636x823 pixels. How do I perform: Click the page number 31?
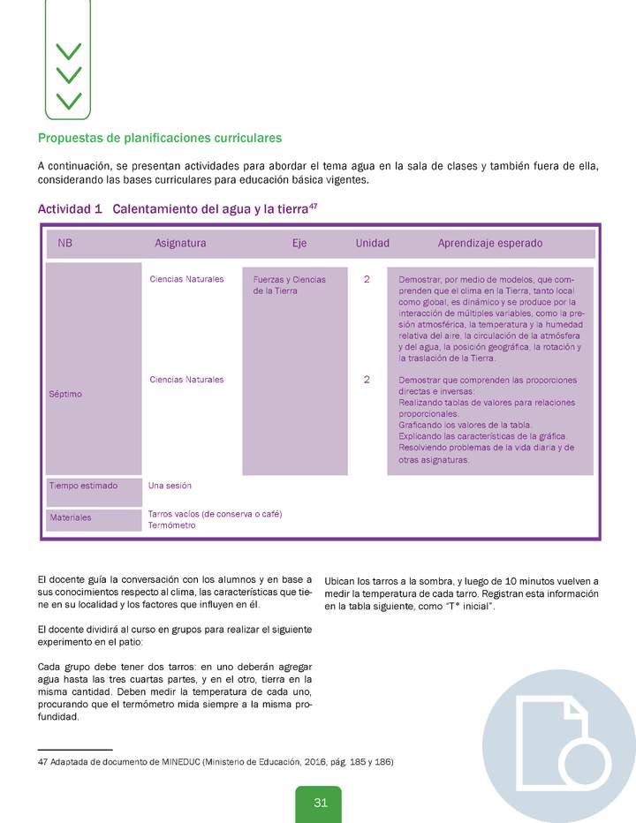tap(320, 803)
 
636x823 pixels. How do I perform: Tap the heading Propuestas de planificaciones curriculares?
tap(160, 139)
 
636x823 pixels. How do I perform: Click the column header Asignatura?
tap(180, 243)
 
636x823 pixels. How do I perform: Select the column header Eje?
tap(299, 243)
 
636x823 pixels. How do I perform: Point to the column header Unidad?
tap(372, 243)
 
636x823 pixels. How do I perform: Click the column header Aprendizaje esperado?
tap(490, 243)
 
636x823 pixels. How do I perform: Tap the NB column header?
tap(65, 243)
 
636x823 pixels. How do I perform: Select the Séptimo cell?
tap(65, 394)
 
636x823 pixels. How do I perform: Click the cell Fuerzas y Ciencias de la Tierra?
tap(289, 284)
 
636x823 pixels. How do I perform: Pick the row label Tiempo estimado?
tap(84, 486)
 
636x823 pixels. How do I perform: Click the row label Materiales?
tap(70, 517)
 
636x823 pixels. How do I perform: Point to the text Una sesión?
tap(170, 486)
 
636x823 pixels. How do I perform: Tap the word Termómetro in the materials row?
tap(171, 525)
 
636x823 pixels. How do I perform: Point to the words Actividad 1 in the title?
tap(70, 209)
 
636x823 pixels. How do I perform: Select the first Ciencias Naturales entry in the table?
tap(186, 279)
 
